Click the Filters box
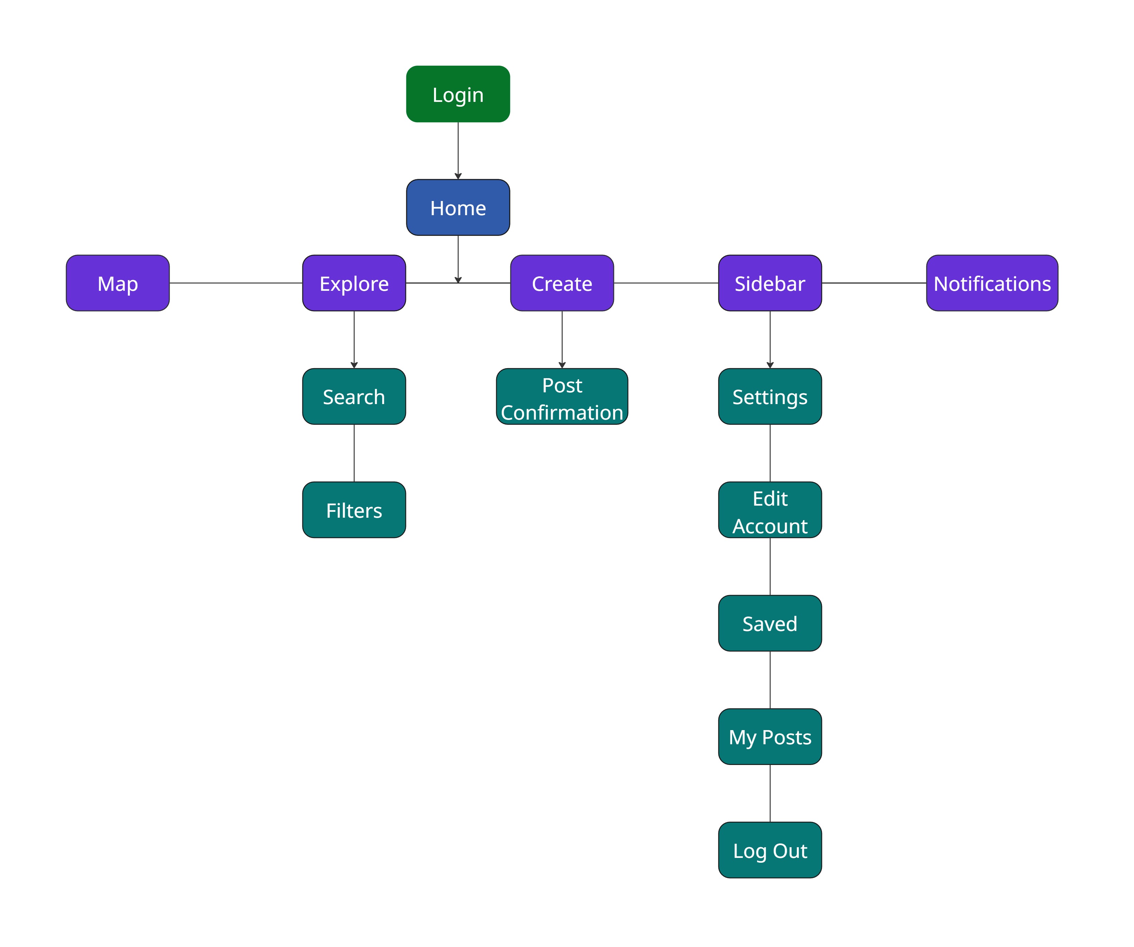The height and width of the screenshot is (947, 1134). click(354, 510)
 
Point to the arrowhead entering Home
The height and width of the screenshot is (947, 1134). click(458, 176)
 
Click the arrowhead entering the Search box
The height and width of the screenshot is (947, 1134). click(354, 365)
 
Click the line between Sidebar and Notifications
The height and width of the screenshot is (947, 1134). click(874, 283)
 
